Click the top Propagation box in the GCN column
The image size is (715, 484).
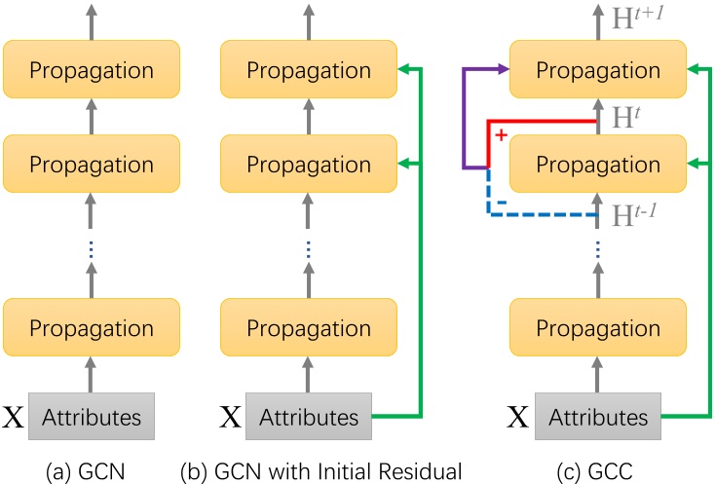[93, 70]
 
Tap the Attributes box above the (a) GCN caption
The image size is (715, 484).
[93, 418]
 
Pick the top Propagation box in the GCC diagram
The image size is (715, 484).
[597, 70]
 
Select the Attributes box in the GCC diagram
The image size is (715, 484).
[597, 418]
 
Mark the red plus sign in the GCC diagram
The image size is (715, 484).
[501, 135]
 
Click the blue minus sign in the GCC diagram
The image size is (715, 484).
[501, 201]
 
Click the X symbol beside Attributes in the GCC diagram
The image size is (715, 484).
[520, 419]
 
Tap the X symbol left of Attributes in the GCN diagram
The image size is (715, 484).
[14, 419]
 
